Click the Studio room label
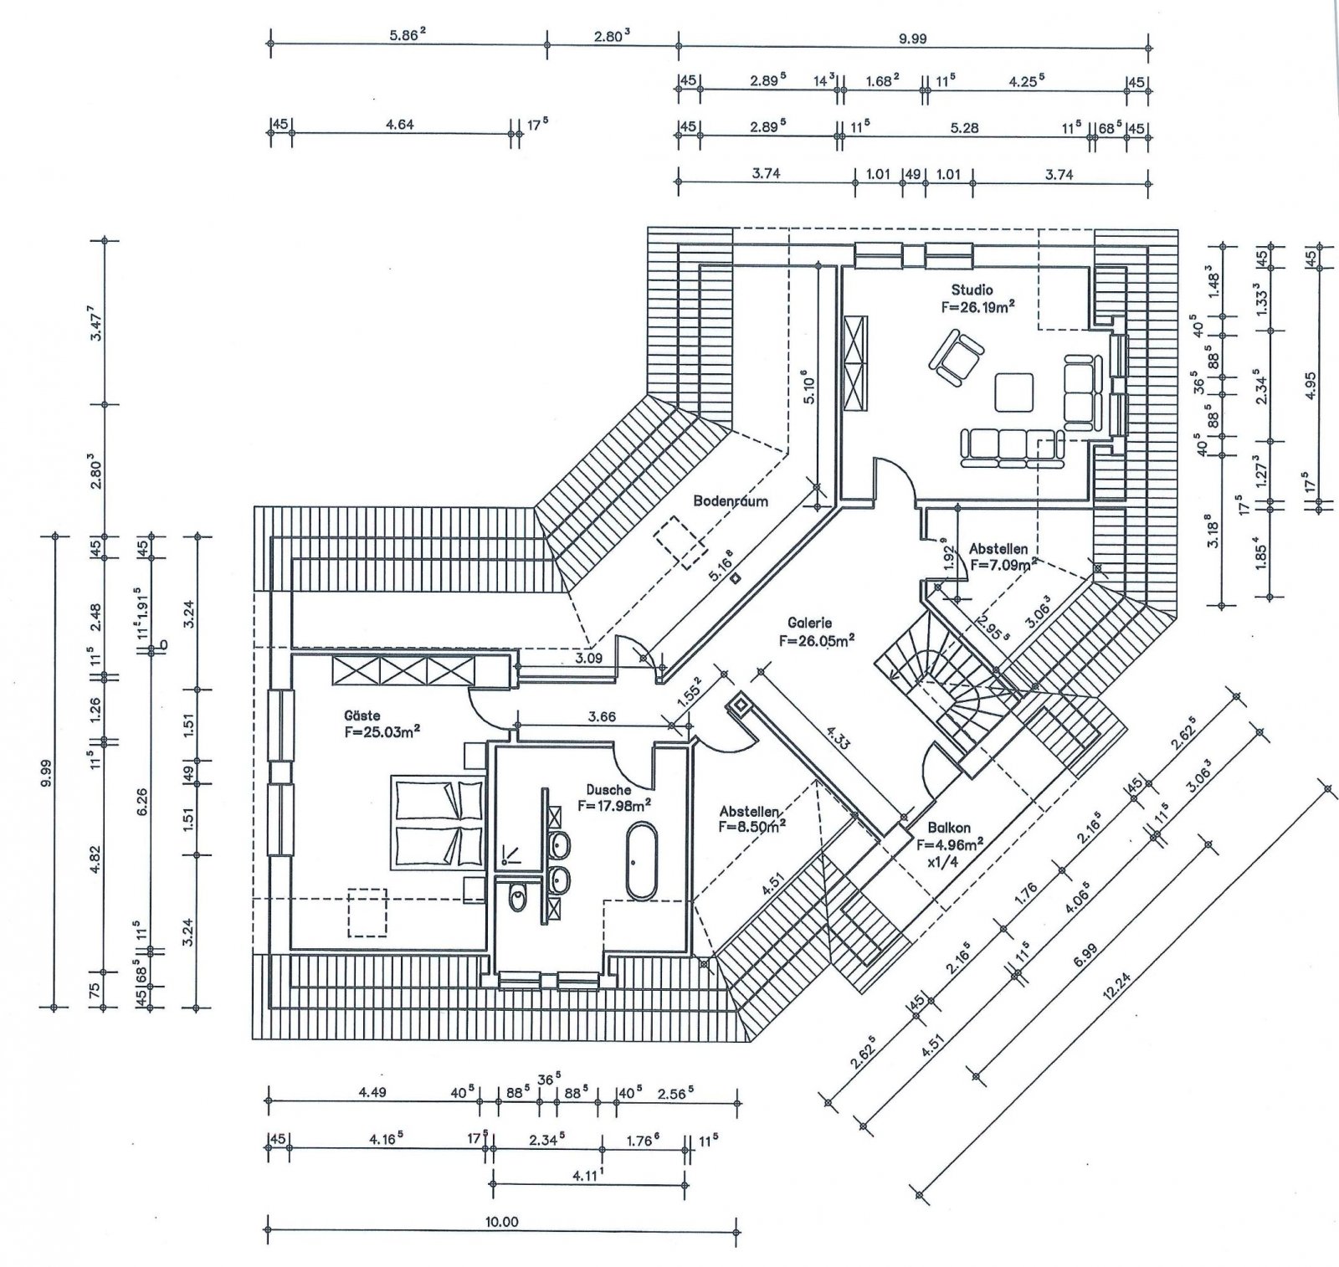coord(972,290)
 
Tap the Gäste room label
coord(362,716)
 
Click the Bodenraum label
coord(730,502)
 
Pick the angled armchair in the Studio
coord(955,358)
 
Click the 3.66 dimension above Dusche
coord(602,716)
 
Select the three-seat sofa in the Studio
coord(1013,448)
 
